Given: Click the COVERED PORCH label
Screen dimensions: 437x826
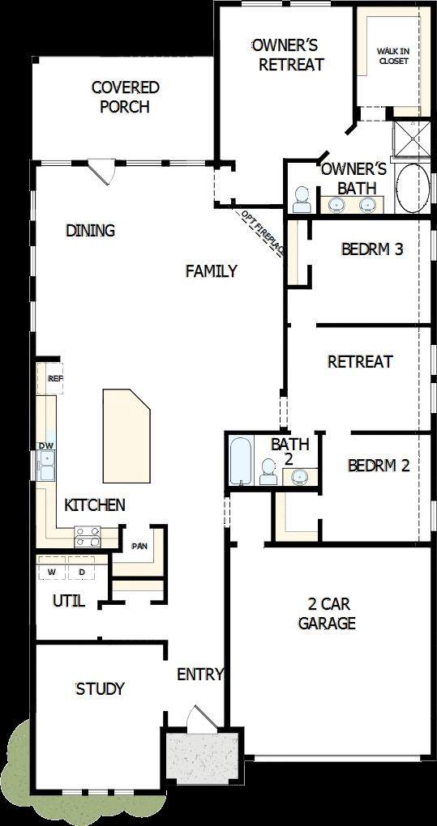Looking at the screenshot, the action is click(125, 97).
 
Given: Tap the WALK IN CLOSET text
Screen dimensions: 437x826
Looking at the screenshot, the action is click(392, 56).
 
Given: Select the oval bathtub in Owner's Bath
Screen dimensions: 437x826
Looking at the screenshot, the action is click(413, 188).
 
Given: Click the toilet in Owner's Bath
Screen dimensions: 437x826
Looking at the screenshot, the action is click(302, 199).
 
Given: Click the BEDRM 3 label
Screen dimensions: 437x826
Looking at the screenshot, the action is click(372, 249).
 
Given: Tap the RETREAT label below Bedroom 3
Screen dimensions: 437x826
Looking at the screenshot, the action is click(360, 362).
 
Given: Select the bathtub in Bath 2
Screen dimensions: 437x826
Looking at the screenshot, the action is click(242, 460).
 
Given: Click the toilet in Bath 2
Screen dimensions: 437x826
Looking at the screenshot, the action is click(268, 471).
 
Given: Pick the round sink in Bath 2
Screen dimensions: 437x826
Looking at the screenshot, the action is click(300, 477).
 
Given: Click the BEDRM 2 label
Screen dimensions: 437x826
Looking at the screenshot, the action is click(379, 466).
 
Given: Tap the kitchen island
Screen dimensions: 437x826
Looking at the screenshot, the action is click(126, 436).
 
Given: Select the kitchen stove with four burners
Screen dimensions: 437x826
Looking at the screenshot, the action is click(88, 537).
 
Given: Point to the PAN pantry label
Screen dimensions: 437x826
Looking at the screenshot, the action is click(139, 546).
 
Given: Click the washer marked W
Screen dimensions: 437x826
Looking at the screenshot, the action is click(52, 568).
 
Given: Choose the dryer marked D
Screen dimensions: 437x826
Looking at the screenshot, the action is click(82, 568).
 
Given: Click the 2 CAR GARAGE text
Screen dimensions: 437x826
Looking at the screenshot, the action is click(327, 614).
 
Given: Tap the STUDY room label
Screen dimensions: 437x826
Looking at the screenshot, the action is click(101, 688).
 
